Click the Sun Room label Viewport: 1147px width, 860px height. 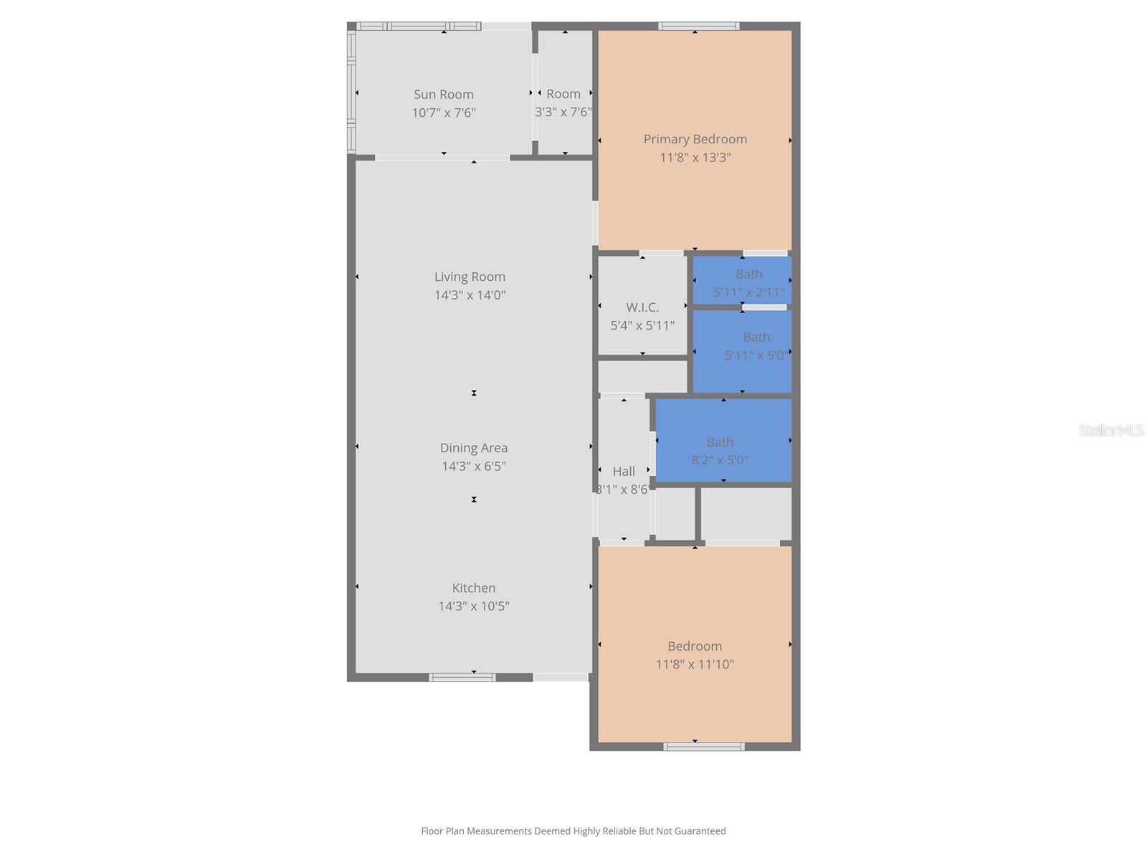(x=443, y=95)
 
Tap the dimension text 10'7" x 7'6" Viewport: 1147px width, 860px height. (x=443, y=113)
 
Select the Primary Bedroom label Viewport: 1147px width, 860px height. (x=695, y=139)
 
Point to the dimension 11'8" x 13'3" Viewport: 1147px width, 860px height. (x=695, y=158)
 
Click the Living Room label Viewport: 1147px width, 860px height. (x=470, y=277)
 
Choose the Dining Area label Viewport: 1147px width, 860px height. (x=473, y=448)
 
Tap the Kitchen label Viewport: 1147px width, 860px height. (x=473, y=588)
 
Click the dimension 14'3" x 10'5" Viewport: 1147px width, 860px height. (x=473, y=606)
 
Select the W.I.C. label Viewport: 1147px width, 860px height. (x=642, y=307)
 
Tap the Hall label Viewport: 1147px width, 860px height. (x=623, y=472)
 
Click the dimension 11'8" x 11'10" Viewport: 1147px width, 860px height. (x=695, y=664)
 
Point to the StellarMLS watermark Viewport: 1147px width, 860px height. (x=1110, y=430)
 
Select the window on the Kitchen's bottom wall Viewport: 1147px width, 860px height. (x=462, y=677)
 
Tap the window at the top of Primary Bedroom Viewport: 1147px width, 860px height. (x=698, y=27)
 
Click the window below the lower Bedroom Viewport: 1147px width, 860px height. (x=703, y=747)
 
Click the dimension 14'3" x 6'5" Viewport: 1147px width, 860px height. (x=473, y=467)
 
